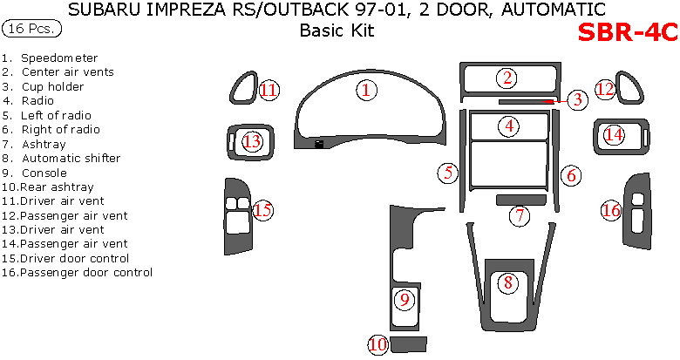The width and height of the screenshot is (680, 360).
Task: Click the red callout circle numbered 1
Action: (367, 89)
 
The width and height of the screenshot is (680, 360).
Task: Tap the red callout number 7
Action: (519, 215)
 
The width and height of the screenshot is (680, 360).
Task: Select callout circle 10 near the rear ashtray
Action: (378, 345)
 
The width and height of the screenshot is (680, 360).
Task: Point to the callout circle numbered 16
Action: (611, 210)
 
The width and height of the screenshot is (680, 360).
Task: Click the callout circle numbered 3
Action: (577, 100)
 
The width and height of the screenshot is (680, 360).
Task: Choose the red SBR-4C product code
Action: (627, 32)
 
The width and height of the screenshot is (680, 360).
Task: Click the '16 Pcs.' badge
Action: (32, 29)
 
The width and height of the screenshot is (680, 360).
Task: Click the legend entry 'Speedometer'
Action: (59, 58)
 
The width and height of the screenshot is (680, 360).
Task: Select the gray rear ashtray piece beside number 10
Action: (408, 343)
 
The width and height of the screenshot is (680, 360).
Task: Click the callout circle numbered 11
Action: (269, 89)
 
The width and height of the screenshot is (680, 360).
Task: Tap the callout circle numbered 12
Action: (605, 89)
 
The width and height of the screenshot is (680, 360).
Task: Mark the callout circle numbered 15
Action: (263, 209)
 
